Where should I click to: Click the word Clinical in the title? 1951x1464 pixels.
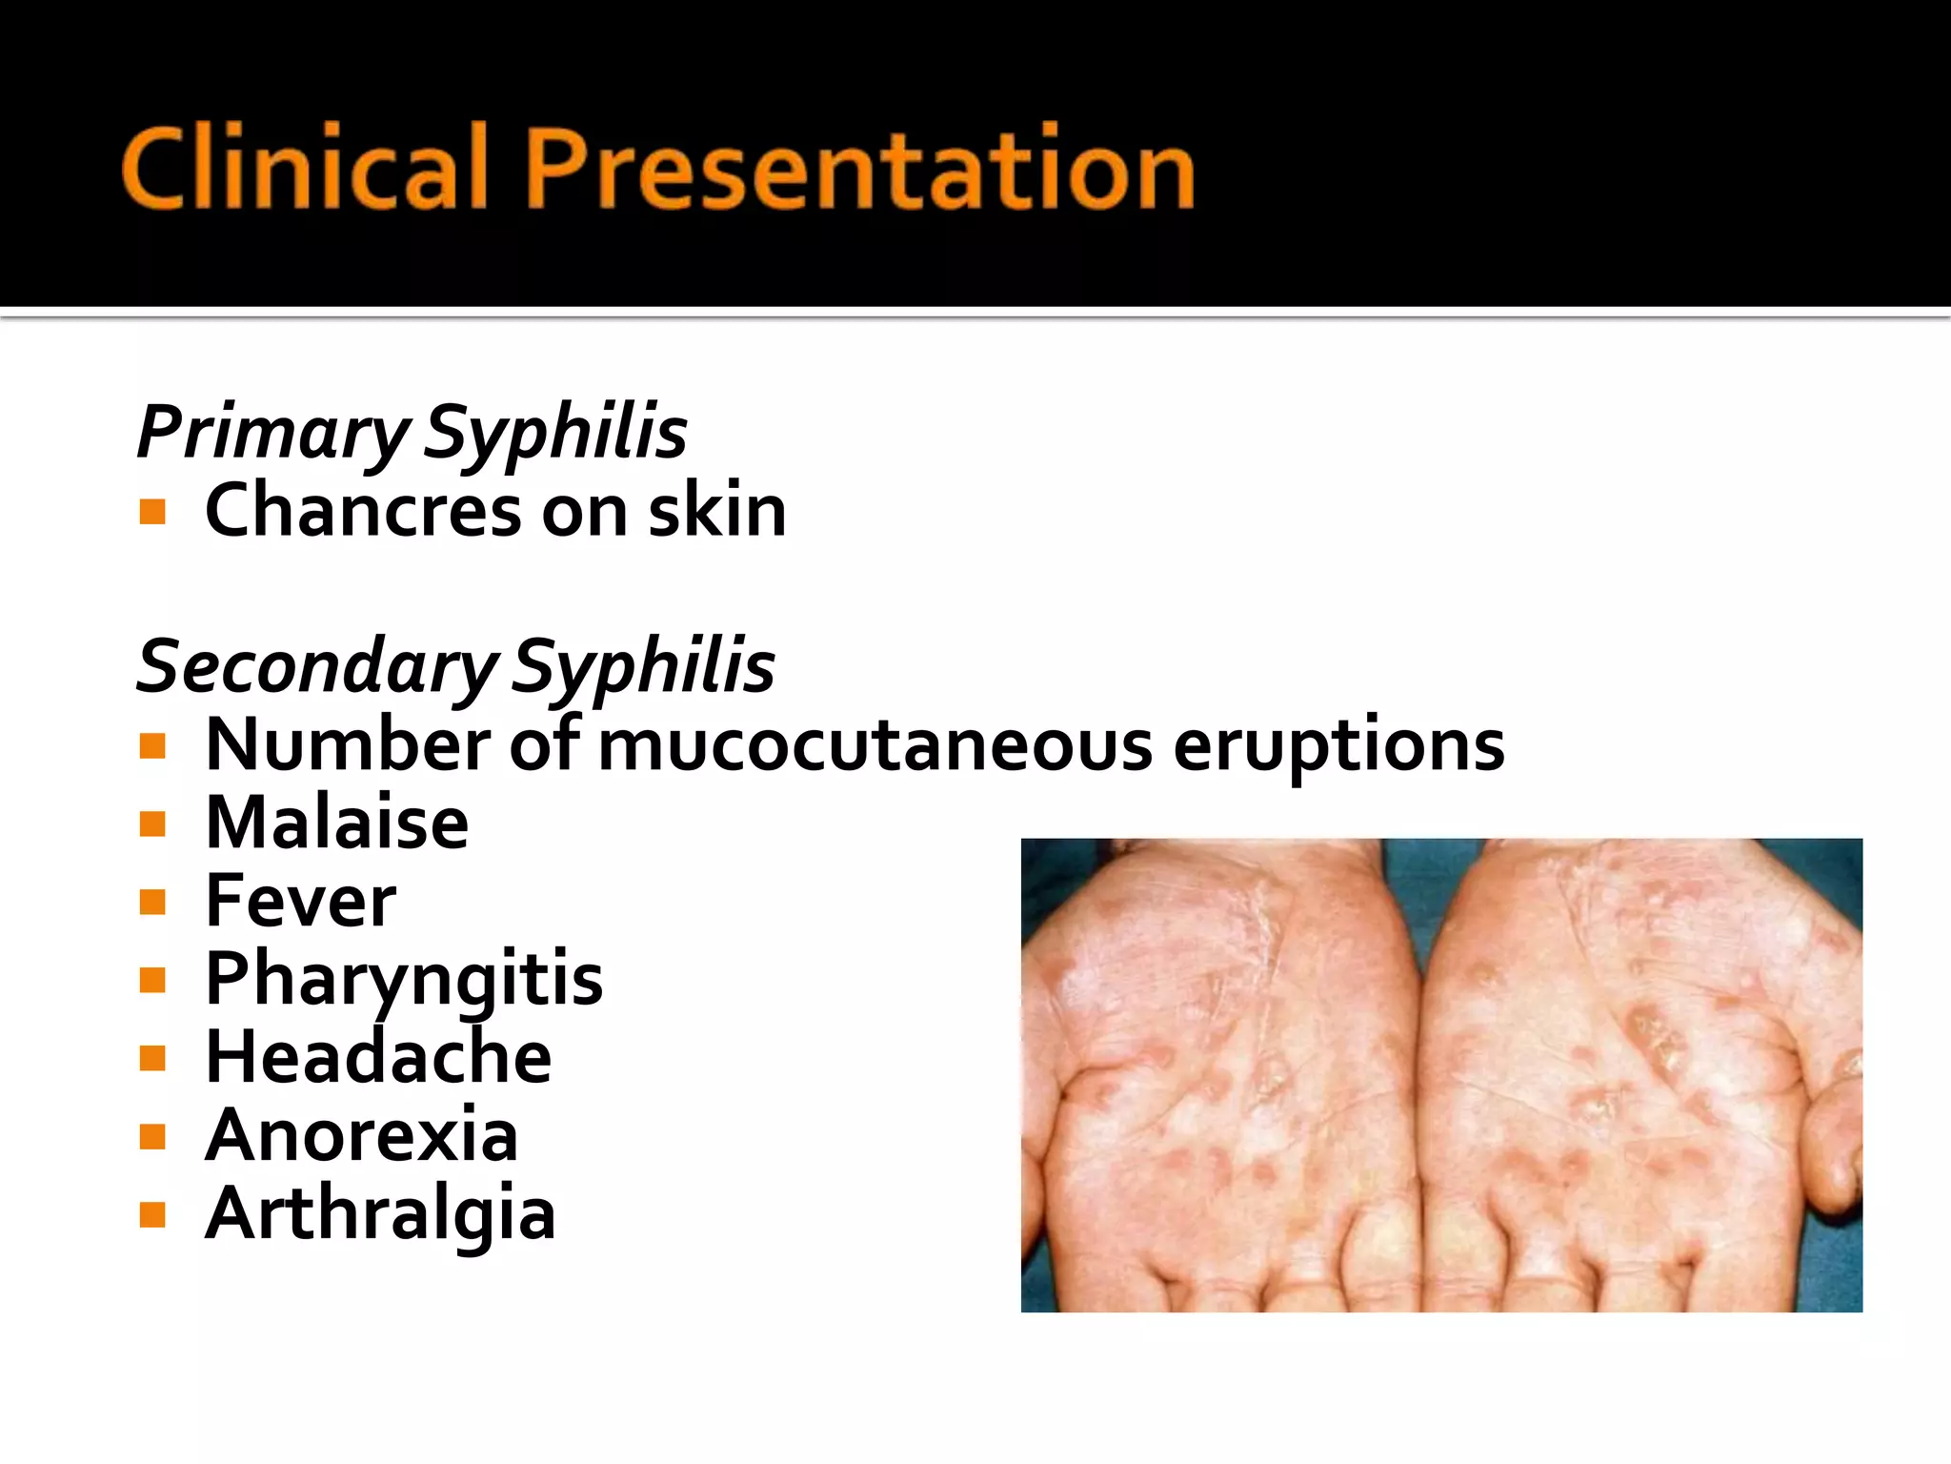304,169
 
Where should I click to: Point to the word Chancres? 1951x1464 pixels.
363,511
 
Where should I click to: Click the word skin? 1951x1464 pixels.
716,511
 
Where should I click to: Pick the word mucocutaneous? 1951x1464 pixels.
875,745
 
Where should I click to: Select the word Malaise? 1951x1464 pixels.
337,823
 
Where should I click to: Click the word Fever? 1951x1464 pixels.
301,901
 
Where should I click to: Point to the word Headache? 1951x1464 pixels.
378,1057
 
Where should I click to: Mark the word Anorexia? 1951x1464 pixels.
361,1135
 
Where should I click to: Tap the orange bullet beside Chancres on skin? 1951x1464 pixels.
152,513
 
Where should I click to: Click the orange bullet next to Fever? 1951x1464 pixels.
152,902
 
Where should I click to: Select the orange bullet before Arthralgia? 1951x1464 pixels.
152,1214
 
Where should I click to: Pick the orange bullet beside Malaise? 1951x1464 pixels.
152,823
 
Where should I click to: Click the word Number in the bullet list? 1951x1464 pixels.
348,745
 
